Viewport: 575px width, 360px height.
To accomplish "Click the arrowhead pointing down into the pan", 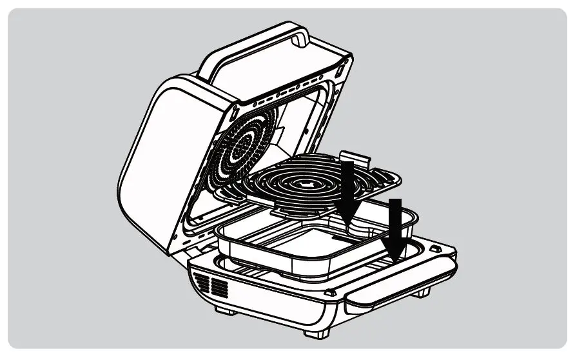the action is point(349,210).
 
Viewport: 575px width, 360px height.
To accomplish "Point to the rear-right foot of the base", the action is point(423,294).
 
